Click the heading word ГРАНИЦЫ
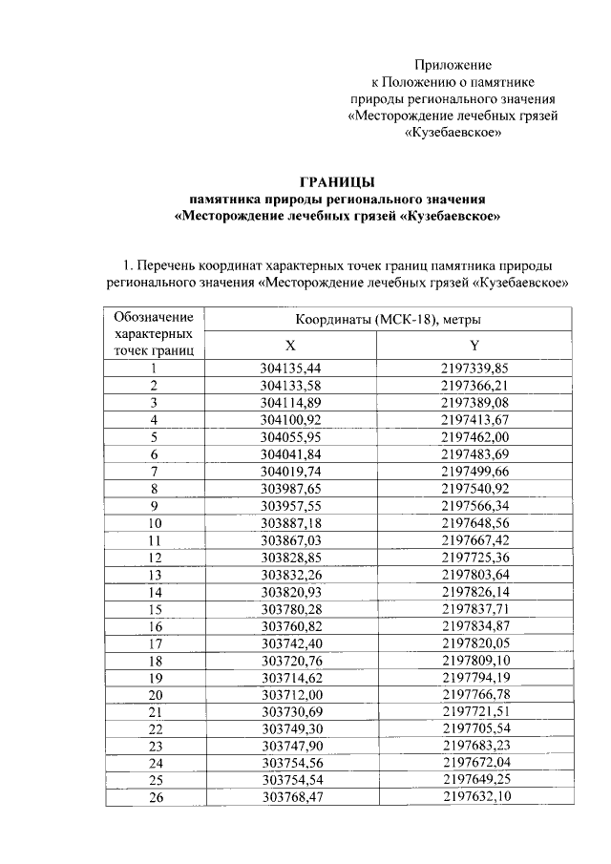point(337,181)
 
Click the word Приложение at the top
point(453,65)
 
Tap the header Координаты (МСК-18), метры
point(387,319)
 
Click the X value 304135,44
point(291,368)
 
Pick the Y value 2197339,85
point(474,368)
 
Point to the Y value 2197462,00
point(474,436)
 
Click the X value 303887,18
point(291,523)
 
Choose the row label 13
point(153,575)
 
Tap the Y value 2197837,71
point(474,609)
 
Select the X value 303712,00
point(291,695)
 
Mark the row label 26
point(153,799)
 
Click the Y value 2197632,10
point(474,799)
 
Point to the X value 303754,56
point(291,765)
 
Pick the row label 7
point(153,471)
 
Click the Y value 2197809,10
point(474,661)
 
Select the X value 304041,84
point(291,453)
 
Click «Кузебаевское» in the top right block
point(453,134)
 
